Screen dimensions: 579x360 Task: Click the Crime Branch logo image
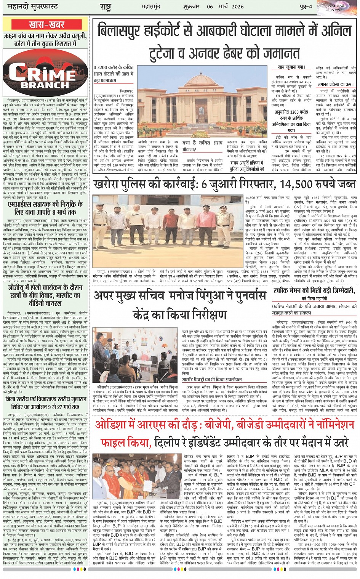tap(46, 72)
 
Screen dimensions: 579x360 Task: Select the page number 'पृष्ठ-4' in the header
tap(305, 6)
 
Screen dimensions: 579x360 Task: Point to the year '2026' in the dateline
tap(237, 6)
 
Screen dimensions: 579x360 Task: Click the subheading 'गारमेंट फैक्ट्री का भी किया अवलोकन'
tap(211, 379)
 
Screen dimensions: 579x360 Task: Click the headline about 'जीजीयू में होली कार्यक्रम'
tap(45, 295)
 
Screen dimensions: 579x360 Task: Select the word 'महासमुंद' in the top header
tap(152, 6)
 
